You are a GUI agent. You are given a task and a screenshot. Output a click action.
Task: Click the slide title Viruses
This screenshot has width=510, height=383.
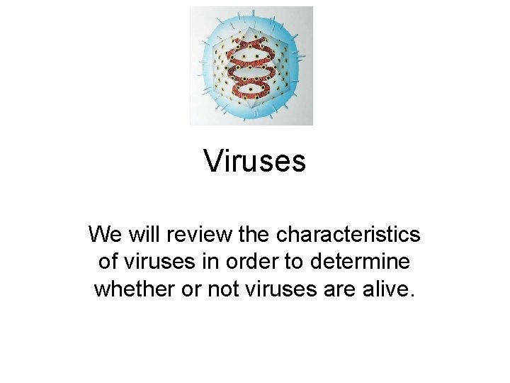(255, 161)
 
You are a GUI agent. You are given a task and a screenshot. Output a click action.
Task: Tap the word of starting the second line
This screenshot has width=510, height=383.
(108, 262)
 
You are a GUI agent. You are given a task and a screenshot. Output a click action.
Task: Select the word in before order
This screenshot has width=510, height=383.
(216, 262)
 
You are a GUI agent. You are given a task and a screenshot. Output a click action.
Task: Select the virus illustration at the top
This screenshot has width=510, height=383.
(251, 66)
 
